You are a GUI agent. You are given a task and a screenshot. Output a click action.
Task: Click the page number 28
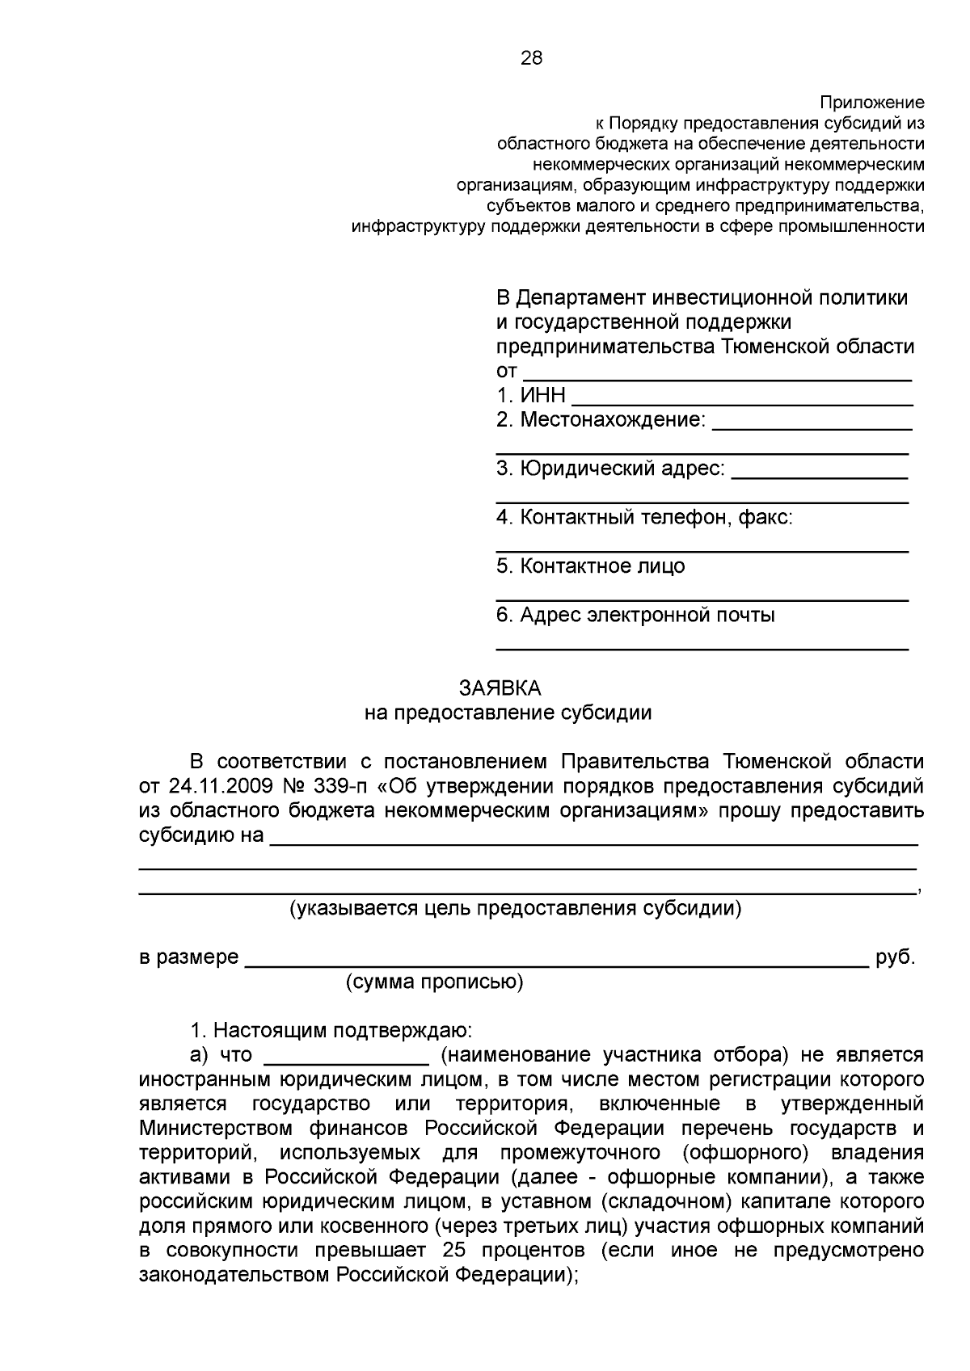531,58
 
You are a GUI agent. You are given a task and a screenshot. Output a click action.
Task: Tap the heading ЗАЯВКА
500,688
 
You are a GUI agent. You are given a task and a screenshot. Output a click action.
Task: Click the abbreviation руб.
895,958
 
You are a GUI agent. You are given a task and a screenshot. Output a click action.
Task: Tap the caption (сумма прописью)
434,982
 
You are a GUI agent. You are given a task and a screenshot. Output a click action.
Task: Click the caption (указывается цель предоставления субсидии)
516,909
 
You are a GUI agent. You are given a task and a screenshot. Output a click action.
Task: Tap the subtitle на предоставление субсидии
507,713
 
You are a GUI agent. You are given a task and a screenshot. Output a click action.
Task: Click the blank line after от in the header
717,376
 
